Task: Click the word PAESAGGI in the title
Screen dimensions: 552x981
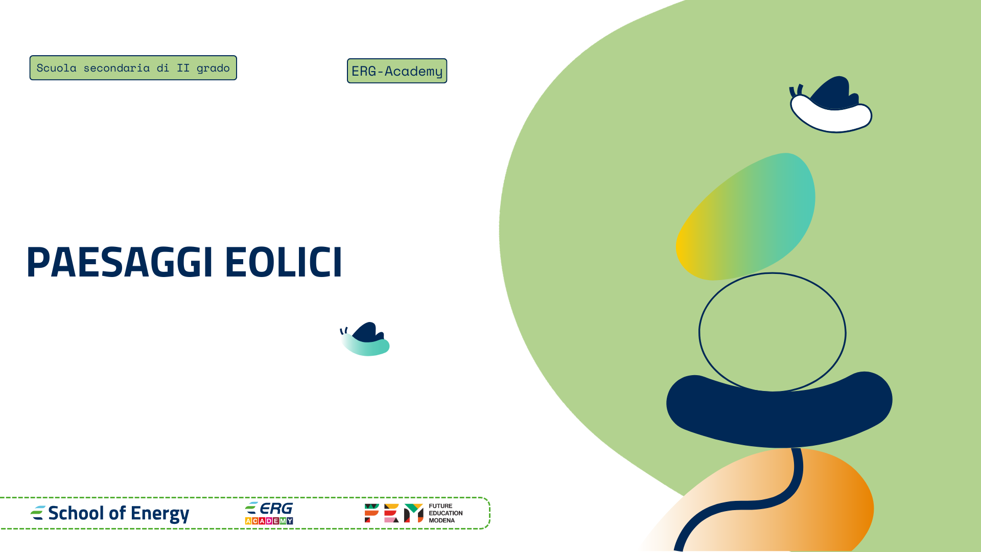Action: (x=119, y=262)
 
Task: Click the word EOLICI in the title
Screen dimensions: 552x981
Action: (x=283, y=262)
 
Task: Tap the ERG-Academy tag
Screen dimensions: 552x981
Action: (x=397, y=71)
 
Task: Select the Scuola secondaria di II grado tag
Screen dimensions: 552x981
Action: (x=133, y=68)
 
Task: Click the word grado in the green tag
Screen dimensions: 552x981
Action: (x=213, y=68)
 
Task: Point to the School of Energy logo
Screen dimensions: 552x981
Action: (x=110, y=513)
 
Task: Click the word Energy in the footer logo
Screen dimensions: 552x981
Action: (x=160, y=514)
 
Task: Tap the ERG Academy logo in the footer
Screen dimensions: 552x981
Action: (x=269, y=513)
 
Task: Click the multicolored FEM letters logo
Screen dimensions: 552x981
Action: (x=393, y=513)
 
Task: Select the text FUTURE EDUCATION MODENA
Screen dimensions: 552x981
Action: (x=446, y=513)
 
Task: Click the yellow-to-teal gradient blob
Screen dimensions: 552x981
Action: (x=746, y=217)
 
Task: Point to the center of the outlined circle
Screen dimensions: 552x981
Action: (x=772, y=333)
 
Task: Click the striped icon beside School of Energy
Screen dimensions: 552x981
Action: (x=38, y=513)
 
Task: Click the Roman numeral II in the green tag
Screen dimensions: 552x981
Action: (x=183, y=68)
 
